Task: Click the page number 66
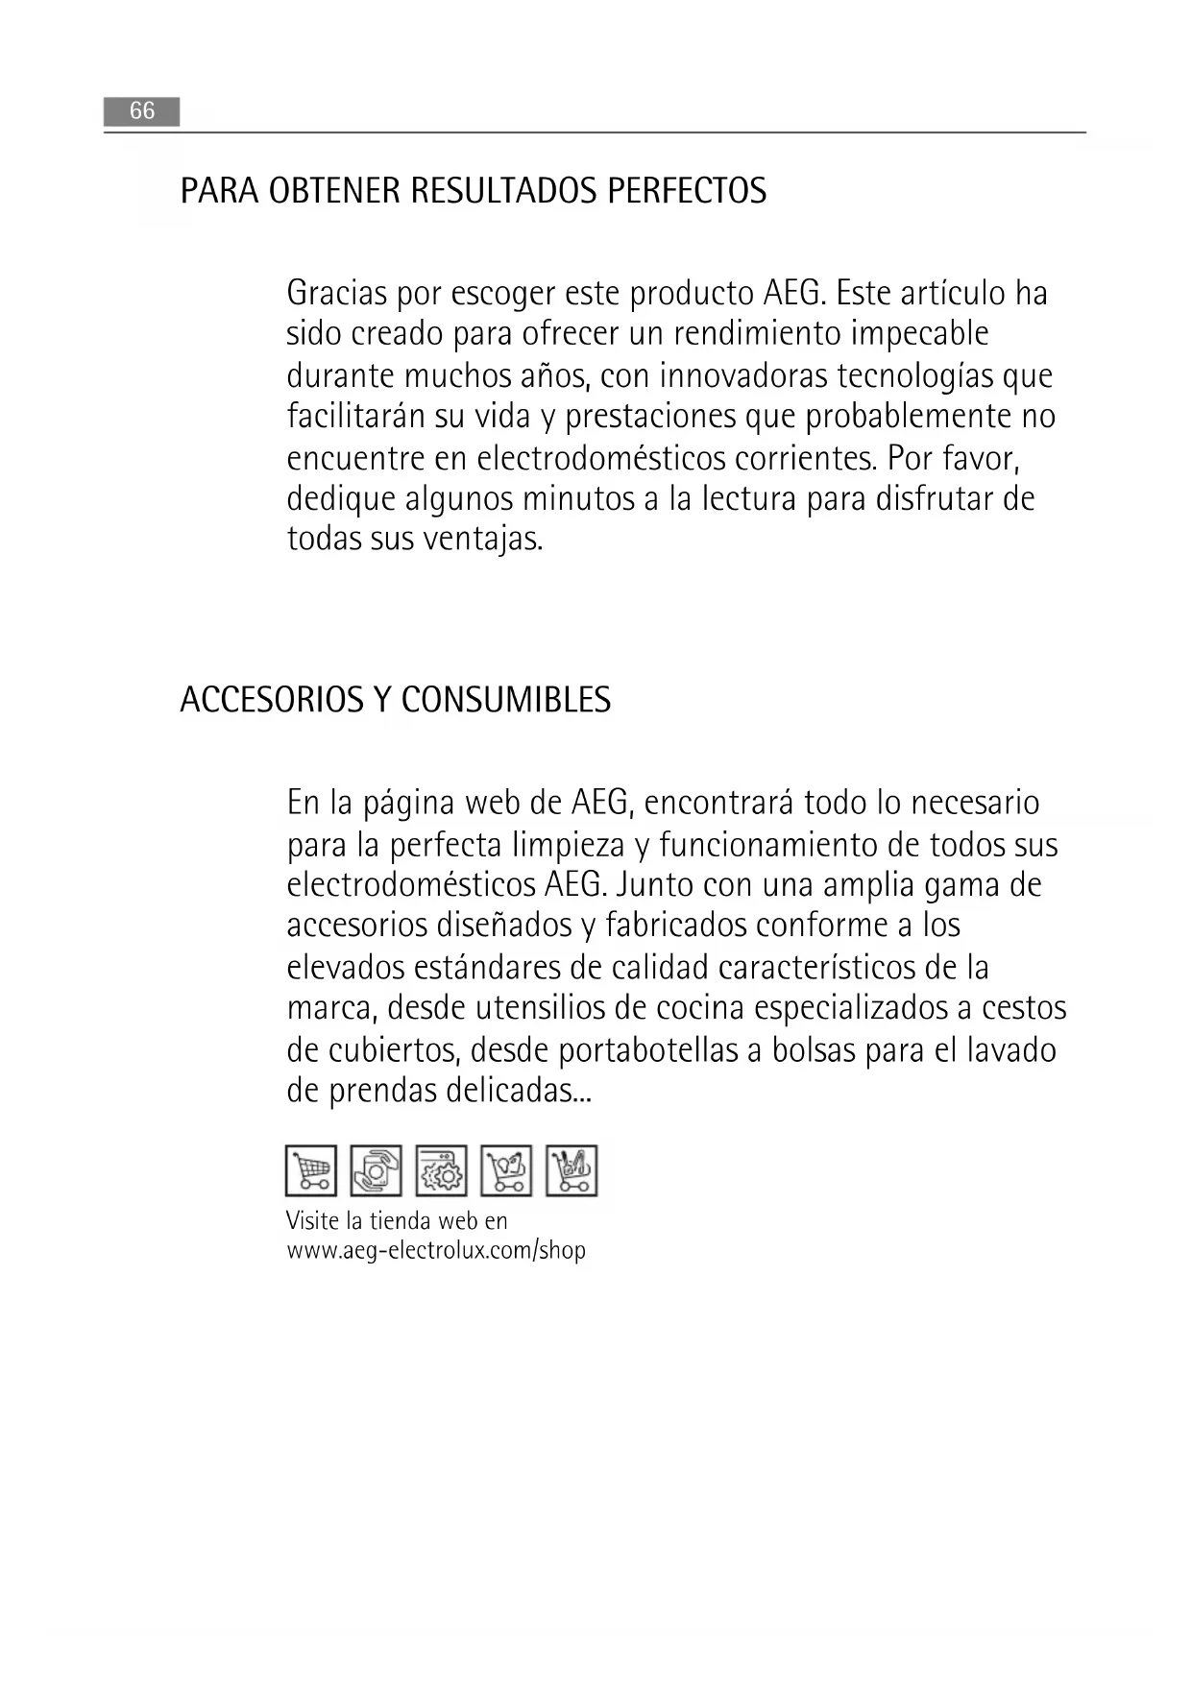coord(141,111)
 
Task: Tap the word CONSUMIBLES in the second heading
coord(505,700)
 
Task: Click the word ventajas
coord(482,539)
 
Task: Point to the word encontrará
coord(718,802)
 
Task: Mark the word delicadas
coord(519,1091)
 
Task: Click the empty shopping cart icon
coord(311,1170)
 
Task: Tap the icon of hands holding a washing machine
coord(377,1170)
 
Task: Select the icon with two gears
coord(442,1170)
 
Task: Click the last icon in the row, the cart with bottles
coord(572,1170)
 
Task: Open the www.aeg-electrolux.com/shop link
coord(436,1251)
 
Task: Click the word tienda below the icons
coord(401,1221)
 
